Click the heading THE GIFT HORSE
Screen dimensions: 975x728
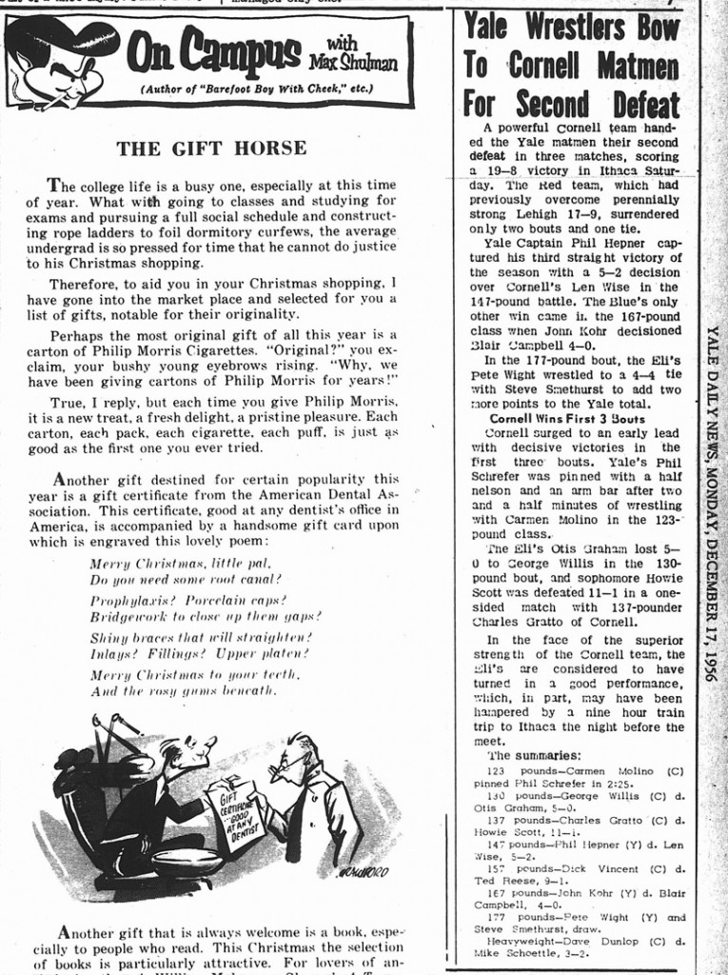click(211, 149)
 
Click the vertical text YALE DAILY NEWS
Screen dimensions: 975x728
click(712, 396)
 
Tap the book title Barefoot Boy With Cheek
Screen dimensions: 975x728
click(271, 90)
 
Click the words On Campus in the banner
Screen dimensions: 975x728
click(213, 55)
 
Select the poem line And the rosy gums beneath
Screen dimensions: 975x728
click(183, 691)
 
